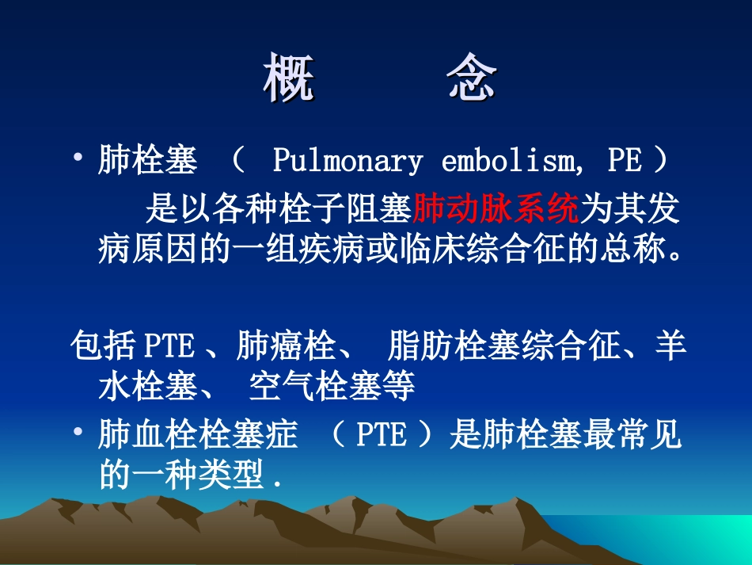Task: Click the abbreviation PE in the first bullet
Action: click(624, 162)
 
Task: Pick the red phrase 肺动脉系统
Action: click(496, 209)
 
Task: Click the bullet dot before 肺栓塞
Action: click(78, 159)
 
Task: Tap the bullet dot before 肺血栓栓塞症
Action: click(78, 433)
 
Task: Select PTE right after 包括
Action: click(169, 347)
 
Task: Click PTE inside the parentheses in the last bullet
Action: click(382, 437)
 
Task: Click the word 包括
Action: click(104, 347)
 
